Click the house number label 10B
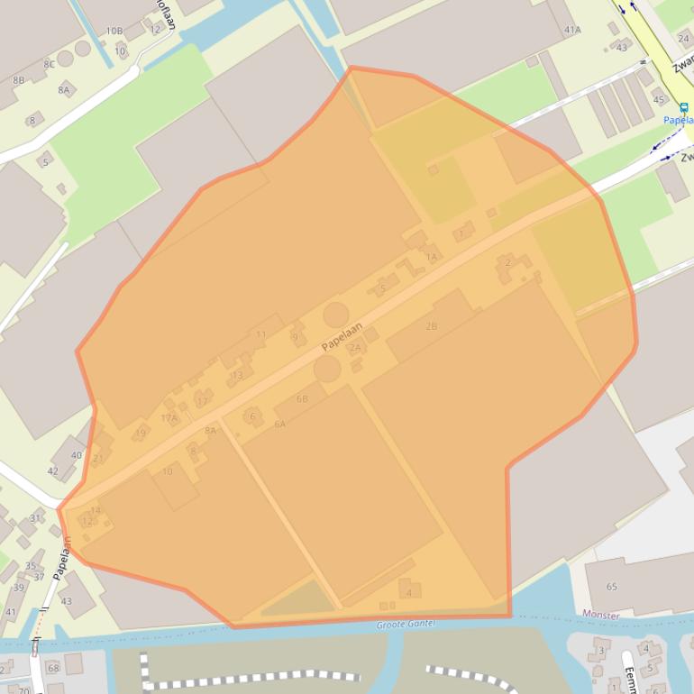coord(114,31)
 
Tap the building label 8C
coord(49,64)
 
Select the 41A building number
coord(572,30)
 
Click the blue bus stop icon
coord(684,106)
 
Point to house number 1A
coord(431,257)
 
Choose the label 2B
coord(431,326)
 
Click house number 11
coord(261,334)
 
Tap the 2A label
coord(355,348)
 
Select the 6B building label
coord(302,398)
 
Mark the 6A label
coord(279,424)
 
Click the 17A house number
coord(169,418)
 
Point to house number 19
coord(140,434)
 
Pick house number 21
coord(97,458)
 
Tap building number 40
coord(76,455)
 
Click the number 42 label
coord(52,470)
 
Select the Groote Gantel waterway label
coord(406,624)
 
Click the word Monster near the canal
coord(601,615)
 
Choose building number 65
coord(612,587)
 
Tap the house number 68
coord(52,668)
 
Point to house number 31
coord(36,518)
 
